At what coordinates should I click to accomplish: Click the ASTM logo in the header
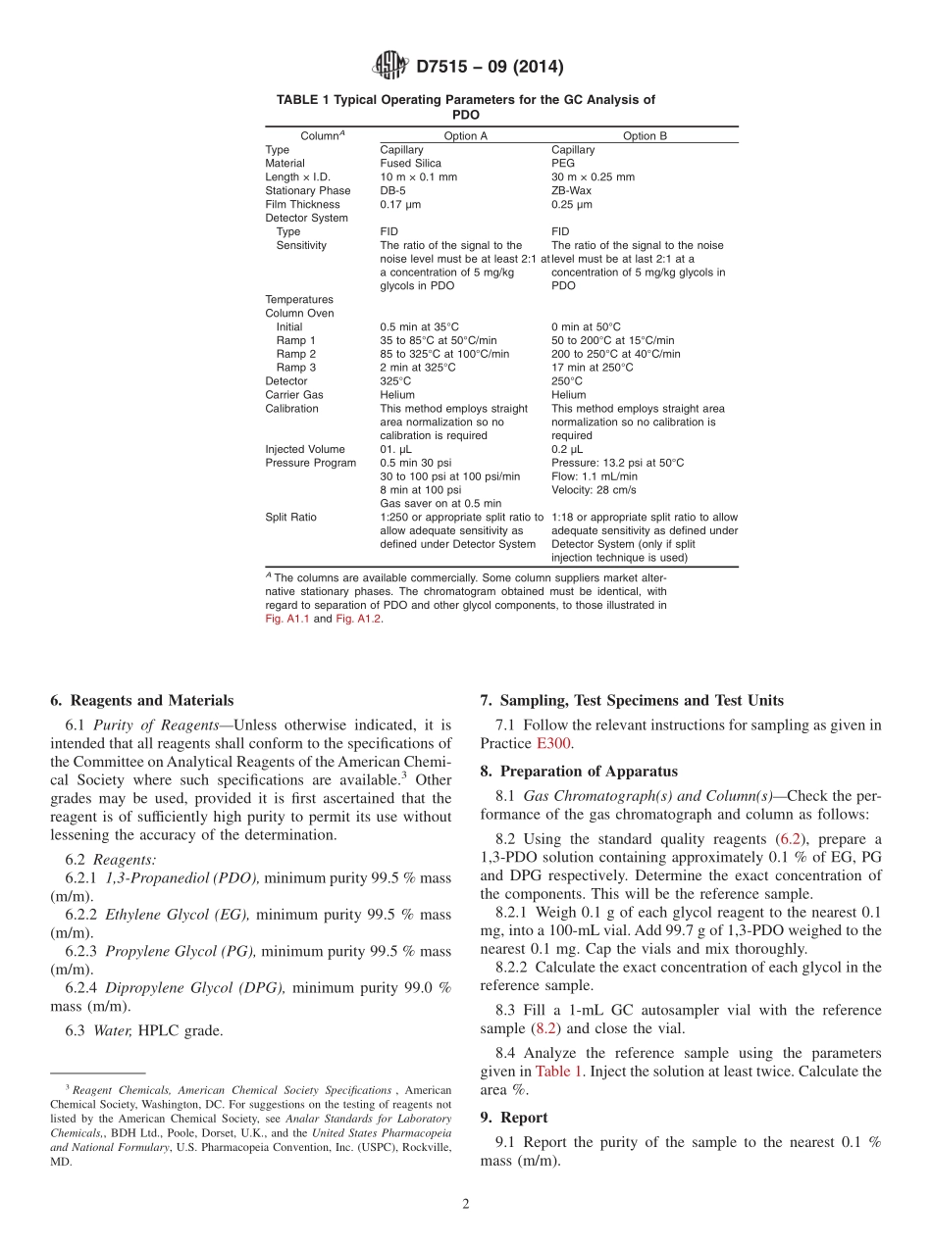point(389,66)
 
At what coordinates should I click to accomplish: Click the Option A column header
point(465,136)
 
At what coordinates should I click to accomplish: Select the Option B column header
point(645,136)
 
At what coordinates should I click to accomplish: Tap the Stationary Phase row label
point(307,191)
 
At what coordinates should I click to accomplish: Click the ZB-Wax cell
point(571,191)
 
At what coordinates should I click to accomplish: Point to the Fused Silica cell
point(410,164)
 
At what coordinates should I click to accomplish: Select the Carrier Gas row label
point(293,395)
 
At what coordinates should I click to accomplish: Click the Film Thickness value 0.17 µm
point(402,205)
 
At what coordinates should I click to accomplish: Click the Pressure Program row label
point(310,463)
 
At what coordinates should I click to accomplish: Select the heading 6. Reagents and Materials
point(142,700)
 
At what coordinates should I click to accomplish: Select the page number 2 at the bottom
point(466,1205)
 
